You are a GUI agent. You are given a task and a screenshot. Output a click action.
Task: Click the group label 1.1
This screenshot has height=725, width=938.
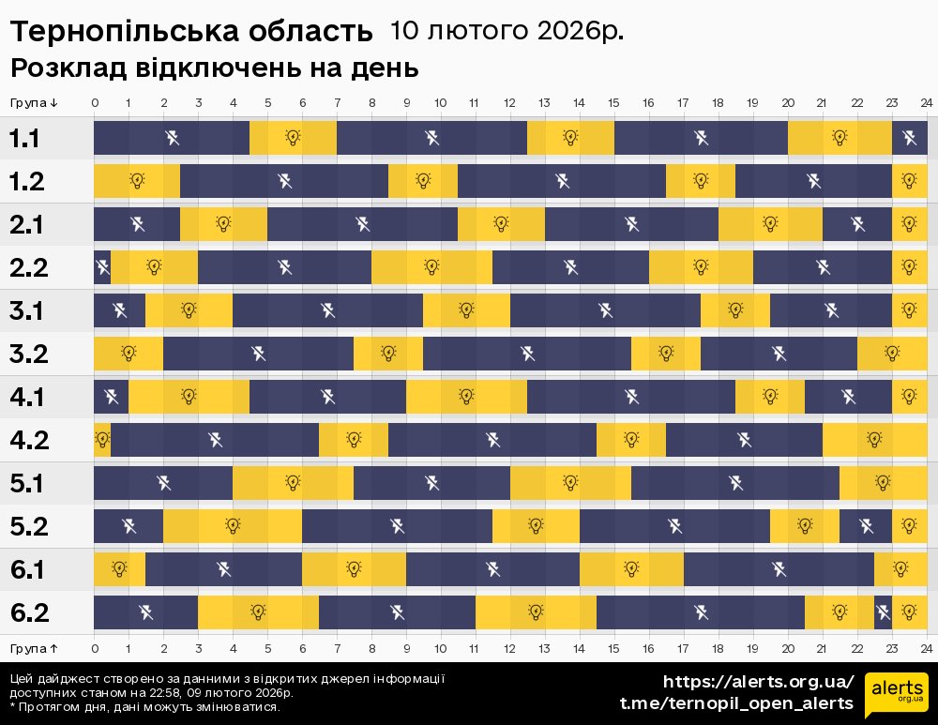(25, 139)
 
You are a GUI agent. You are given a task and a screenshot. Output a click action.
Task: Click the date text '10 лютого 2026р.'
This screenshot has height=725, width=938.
(507, 31)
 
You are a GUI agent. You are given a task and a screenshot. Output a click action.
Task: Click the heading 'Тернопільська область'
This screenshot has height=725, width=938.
(191, 32)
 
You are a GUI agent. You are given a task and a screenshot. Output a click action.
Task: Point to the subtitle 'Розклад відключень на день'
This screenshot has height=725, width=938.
(214, 68)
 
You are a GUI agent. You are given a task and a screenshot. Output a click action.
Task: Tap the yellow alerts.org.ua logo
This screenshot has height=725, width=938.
(896, 695)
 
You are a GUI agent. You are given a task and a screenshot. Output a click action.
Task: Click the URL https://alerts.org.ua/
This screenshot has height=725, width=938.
(759, 681)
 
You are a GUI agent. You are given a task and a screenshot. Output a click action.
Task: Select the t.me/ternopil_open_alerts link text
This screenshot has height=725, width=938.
(736, 703)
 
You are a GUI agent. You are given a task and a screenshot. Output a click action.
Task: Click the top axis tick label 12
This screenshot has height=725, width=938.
(509, 103)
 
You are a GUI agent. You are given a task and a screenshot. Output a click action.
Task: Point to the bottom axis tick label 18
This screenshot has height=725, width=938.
(718, 648)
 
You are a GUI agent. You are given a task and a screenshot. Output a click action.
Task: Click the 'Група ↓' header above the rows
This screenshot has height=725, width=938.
(35, 103)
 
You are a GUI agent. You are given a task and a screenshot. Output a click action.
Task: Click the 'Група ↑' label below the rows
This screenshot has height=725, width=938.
(35, 648)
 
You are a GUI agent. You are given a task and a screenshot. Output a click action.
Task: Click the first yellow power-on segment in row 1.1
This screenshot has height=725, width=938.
(293, 138)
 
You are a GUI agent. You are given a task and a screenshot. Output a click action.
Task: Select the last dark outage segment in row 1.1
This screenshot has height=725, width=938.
(909, 138)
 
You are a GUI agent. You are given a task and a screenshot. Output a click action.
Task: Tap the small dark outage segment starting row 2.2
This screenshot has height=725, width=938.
(102, 267)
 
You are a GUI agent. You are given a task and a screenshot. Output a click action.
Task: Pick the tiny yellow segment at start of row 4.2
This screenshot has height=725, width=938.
(102, 439)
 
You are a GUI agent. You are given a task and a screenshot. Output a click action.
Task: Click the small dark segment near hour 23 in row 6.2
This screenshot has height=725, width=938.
(883, 612)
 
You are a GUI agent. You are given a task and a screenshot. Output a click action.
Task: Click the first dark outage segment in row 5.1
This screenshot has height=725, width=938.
(163, 483)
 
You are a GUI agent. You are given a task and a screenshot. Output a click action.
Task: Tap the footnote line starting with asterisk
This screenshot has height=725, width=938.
(144, 707)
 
